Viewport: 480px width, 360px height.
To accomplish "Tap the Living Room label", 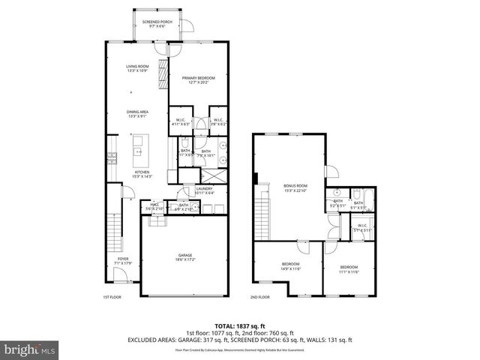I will pos(137,69).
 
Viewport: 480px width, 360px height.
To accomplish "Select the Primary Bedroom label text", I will pos(198,79).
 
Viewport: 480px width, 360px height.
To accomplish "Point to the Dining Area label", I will pos(137,114).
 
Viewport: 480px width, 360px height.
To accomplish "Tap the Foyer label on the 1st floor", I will pos(122,260).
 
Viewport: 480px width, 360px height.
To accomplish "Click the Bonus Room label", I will pos(295,187).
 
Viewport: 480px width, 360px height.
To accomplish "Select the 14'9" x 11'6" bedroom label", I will pos(291,266).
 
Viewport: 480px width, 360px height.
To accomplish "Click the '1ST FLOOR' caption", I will pos(112,298).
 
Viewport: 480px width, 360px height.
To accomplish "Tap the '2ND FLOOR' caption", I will pos(260,298).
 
